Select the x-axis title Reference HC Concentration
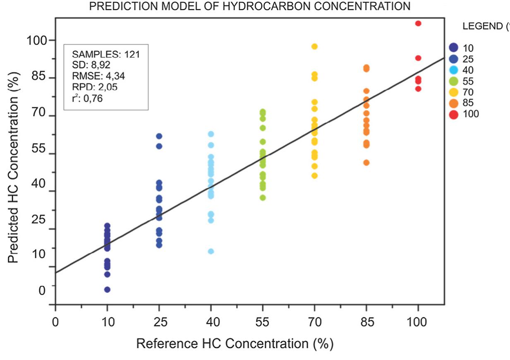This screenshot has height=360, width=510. click(235, 344)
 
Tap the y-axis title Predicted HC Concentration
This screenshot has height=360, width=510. click(13, 175)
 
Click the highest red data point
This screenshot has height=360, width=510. click(418, 23)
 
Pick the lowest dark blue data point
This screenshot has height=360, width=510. click(107, 289)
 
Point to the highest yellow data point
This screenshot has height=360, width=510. click(314, 46)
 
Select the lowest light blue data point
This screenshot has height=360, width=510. click(211, 251)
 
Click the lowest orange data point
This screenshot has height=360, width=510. click(366, 163)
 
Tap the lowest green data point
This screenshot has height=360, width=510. click(263, 197)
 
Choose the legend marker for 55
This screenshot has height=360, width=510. click(454, 81)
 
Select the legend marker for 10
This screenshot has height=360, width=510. click(454, 48)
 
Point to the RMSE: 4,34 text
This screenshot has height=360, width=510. click(98, 76)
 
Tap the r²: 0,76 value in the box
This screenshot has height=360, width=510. click(87, 98)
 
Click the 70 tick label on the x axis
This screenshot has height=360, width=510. click(314, 322)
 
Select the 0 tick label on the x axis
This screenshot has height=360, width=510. click(55, 322)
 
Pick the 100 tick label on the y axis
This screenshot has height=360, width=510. click(36, 41)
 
